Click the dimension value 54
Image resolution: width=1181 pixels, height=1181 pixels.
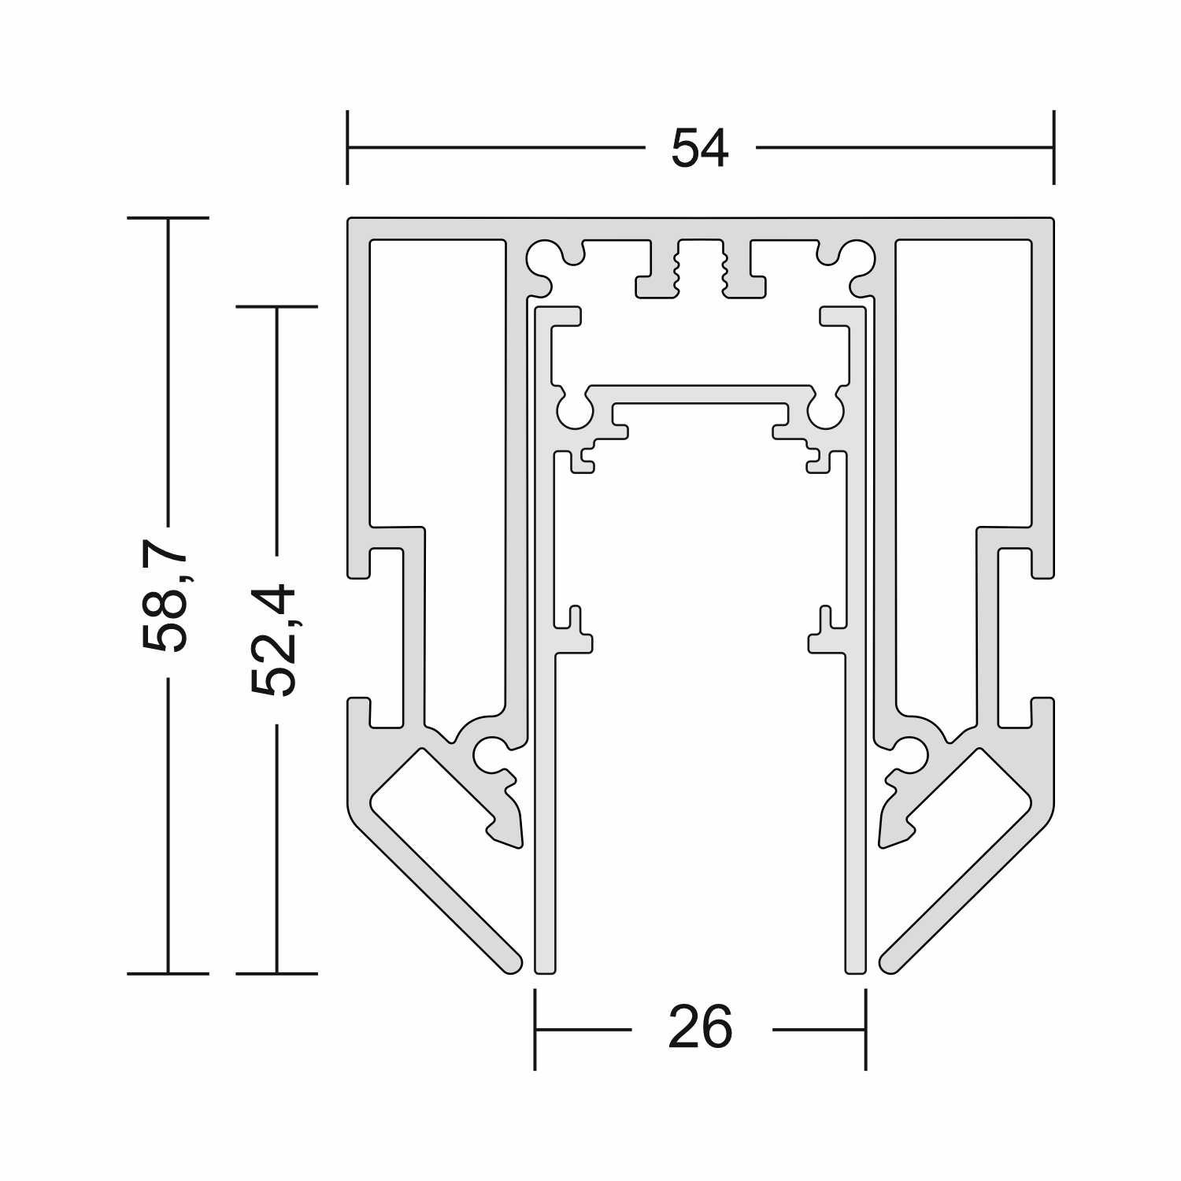(x=700, y=148)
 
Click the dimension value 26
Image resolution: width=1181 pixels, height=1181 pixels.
(x=701, y=1028)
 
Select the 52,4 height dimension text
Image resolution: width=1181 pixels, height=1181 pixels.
(x=275, y=640)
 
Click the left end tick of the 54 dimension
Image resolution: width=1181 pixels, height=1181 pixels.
(x=347, y=147)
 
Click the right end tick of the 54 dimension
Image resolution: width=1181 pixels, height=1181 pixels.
(x=1053, y=147)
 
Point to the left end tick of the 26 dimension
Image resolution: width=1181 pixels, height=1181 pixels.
(x=535, y=1029)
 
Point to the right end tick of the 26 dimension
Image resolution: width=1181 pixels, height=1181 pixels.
(x=866, y=1029)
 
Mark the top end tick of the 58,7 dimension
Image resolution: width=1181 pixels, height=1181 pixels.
(x=168, y=217)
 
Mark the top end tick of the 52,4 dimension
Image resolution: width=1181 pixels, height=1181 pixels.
(x=276, y=306)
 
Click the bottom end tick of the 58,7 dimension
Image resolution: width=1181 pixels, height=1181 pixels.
(x=168, y=974)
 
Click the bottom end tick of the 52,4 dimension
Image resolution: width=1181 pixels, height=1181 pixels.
(x=276, y=974)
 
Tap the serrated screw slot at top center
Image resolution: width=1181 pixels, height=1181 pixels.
(x=700, y=268)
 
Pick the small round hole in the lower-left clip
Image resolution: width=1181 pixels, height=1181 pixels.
(x=491, y=753)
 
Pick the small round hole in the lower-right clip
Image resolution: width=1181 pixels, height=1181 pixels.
(x=910, y=753)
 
